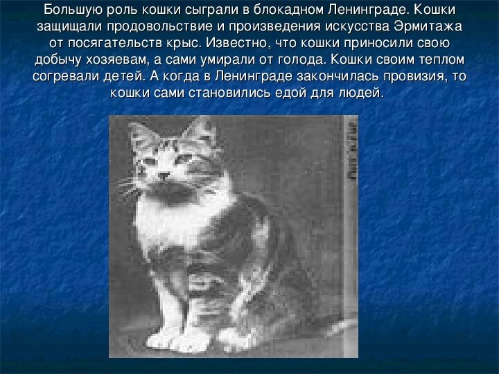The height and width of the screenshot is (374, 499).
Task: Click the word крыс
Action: pos(186,42)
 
